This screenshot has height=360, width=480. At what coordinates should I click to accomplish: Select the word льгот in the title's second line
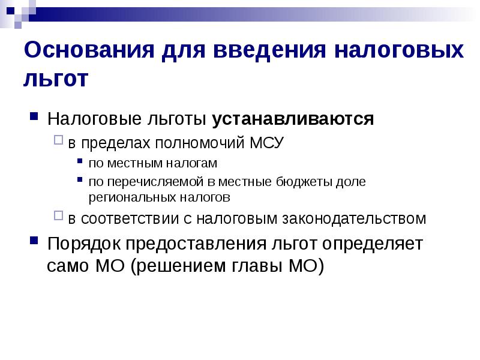(55, 79)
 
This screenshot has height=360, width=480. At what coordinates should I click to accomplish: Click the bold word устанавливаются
(293, 119)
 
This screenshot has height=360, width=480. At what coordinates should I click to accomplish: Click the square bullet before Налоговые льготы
(35, 116)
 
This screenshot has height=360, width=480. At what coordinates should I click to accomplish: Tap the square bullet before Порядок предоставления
(35, 242)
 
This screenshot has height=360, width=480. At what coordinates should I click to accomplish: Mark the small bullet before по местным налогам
(81, 162)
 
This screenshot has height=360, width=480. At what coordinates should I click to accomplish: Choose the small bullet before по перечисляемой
(81, 180)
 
